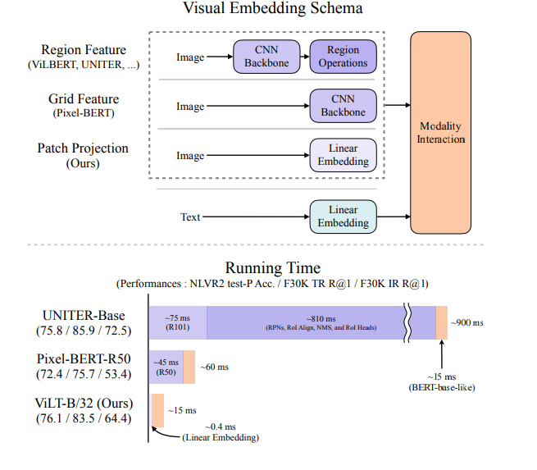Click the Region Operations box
coord(343,57)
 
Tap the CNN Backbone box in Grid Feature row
coord(343,106)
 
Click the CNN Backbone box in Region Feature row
coord(266,57)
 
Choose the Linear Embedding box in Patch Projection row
coord(343,155)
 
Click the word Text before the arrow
coord(190,217)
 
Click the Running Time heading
coord(272,268)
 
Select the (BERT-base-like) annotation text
coord(443,386)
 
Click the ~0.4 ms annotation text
coord(221,427)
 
